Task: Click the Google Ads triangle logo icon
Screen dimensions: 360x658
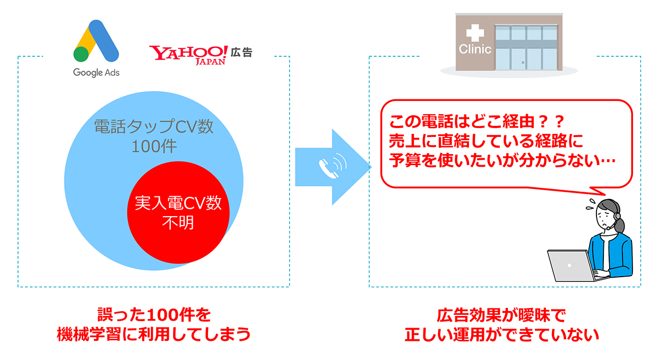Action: [x=96, y=41]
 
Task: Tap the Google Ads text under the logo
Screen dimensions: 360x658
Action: [x=96, y=72]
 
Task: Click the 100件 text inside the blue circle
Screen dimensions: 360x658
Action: [x=154, y=146]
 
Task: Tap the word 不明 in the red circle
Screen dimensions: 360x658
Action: [x=178, y=222]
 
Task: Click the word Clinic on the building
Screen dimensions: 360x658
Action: [x=475, y=49]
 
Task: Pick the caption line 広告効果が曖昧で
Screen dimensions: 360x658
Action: [x=501, y=315]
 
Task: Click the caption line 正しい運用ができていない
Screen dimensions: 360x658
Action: [x=501, y=335]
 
